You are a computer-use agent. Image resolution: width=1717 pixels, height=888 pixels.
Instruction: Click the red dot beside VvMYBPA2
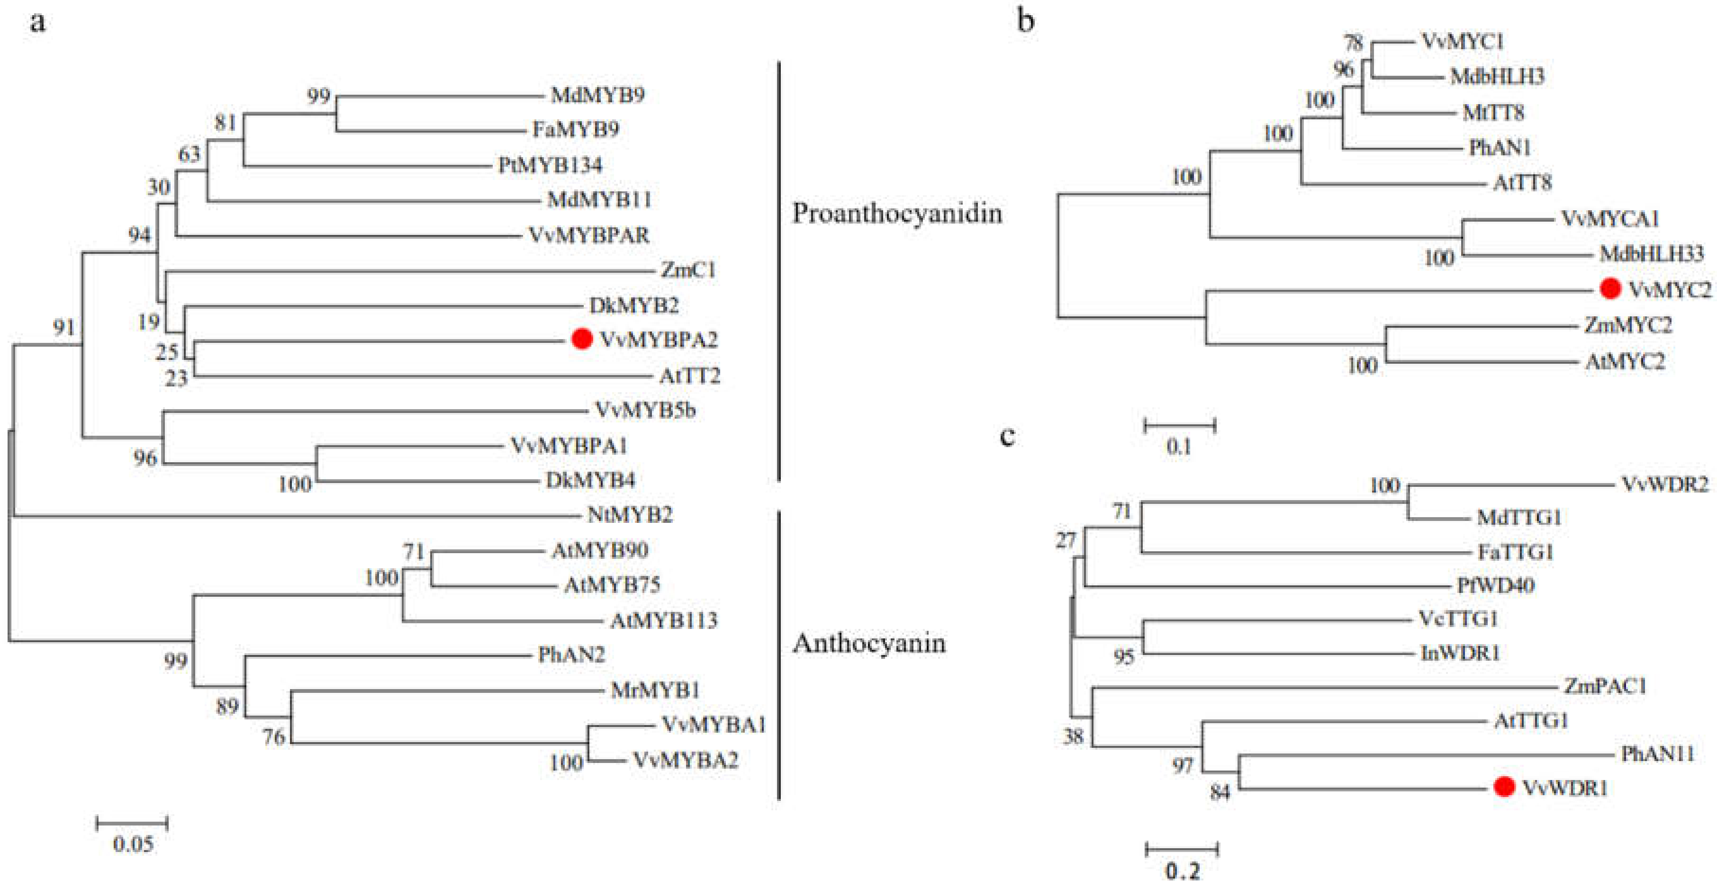pos(582,339)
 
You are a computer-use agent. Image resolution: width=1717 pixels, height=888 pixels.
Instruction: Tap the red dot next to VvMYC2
pos(1610,288)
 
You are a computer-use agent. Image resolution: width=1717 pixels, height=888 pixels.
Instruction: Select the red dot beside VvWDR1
pos(1504,787)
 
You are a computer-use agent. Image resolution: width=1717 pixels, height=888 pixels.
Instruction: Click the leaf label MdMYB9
pos(597,95)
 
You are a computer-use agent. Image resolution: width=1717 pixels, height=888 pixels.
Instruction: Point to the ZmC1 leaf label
pos(688,270)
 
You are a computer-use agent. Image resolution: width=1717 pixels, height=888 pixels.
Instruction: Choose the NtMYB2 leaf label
pos(630,514)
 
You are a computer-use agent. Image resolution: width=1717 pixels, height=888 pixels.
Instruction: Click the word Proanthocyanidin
pos(896,213)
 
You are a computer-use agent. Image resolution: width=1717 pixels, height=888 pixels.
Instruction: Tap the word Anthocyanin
pos(868,643)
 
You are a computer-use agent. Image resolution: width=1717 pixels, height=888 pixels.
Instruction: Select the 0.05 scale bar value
pos(133,845)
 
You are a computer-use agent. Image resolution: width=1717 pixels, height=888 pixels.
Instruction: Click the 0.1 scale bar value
pos(1178,446)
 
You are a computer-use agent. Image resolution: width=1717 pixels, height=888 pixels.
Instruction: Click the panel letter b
pos(1026,21)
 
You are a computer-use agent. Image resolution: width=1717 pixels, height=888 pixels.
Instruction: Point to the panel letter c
pos(1008,436)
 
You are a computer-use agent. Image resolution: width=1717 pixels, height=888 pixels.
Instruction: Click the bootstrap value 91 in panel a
pos(64,327)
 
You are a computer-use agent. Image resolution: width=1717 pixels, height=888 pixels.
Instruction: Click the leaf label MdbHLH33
pos(1652,254)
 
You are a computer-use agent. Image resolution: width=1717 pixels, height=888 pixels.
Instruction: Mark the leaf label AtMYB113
pos(664,620)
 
